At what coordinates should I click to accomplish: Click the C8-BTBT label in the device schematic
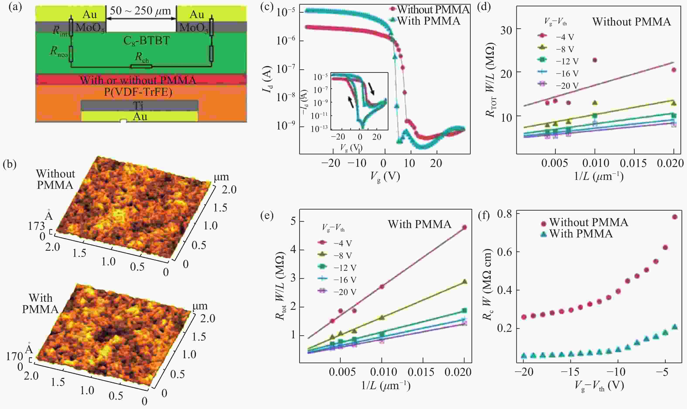[146, 41]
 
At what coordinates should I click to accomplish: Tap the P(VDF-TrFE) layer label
[138, 92]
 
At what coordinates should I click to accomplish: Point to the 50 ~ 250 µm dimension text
[140, 11]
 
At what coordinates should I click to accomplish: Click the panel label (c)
[267, 6]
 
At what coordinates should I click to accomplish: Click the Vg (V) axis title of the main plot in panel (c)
[385, 177]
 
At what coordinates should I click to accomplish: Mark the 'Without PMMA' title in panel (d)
[631, 22]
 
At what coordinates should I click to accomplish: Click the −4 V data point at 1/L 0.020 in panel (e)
[464, 227]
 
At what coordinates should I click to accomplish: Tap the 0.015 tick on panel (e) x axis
[421, 372]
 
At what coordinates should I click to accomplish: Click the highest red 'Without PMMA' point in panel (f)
[675, 217]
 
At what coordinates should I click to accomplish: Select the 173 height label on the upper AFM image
[36, 226]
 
